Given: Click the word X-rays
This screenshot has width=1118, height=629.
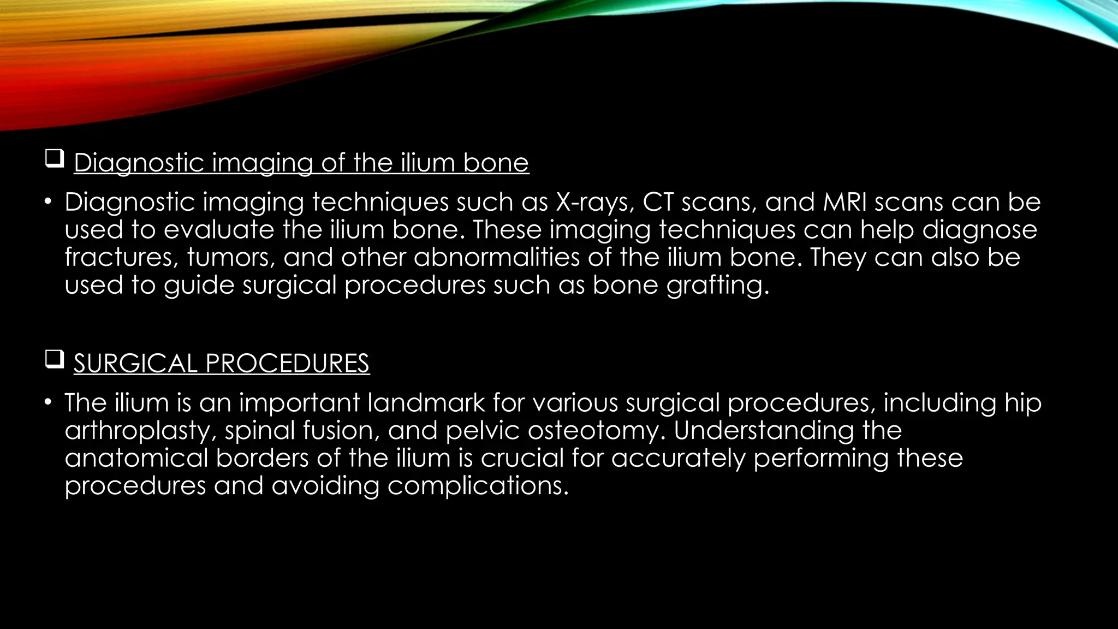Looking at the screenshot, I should coord(594,203).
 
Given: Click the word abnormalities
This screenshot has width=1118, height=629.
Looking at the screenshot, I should coord(496,257).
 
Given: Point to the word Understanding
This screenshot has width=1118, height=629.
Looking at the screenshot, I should coord(763,431).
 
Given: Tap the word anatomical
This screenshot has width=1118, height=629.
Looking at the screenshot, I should coord(136,458).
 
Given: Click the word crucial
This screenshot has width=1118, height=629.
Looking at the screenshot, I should coord(521,458).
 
